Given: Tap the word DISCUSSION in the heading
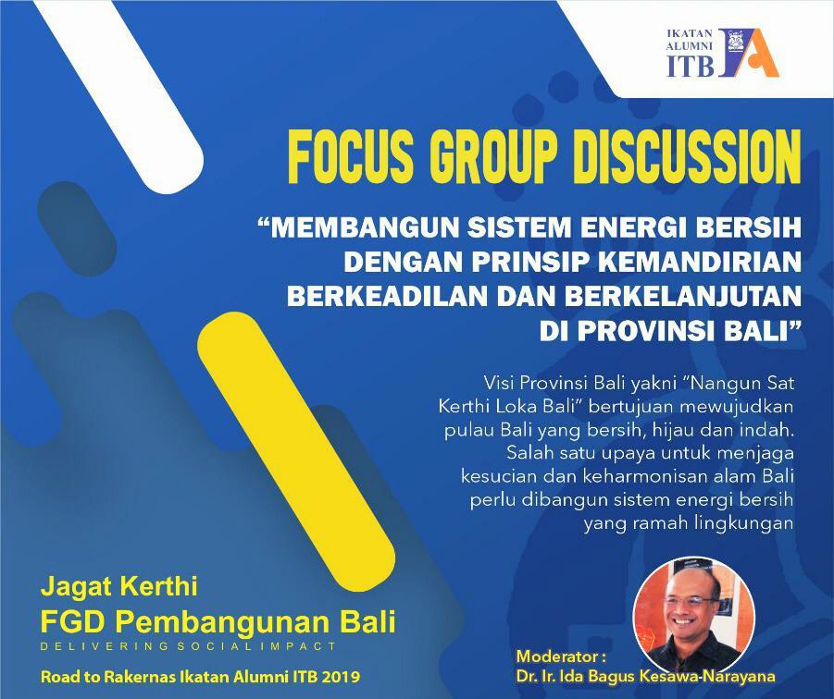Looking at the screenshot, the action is point(689,156).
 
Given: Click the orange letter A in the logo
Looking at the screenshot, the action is point(758,52).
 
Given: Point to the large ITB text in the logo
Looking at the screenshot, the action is point(691,66).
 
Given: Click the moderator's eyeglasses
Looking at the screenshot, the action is point(691,602).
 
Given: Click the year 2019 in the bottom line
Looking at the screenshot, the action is point(342,677).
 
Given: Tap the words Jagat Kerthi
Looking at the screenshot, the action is point(119,587).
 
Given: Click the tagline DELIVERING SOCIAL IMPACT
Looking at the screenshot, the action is point(188,647).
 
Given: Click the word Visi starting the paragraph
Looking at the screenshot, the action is point(498,383).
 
